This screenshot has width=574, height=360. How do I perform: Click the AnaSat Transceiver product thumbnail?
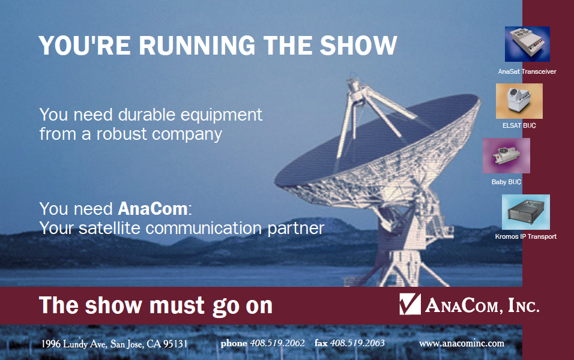click(527, 44)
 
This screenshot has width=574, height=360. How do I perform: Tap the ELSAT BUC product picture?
click(519, 101)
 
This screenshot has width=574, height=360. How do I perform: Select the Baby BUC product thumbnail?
click(506, 155)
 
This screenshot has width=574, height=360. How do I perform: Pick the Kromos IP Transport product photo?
click(526, 212)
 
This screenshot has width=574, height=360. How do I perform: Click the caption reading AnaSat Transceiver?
click(527, 72)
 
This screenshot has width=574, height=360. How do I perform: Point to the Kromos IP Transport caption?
click(526, 237)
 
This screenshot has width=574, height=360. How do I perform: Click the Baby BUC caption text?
click(506, 182)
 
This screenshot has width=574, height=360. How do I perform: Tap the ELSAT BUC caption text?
click(519, 125)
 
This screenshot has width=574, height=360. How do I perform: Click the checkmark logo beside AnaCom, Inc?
click(410, 304)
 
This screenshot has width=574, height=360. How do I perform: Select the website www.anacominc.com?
click(462, 344)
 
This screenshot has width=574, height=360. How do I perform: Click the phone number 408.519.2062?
click(277, 343)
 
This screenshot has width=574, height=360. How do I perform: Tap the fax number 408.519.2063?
click(357, 343)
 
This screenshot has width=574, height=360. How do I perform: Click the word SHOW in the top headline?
click(358, 46)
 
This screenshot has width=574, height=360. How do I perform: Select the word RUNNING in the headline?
click(197, 46)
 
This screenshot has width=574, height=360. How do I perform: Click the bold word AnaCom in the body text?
click(153, 209)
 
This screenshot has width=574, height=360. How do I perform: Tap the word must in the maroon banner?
click(177, 305)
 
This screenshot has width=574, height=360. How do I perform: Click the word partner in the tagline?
click(296, 228)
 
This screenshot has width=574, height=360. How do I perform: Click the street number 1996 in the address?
click(51, 344)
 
